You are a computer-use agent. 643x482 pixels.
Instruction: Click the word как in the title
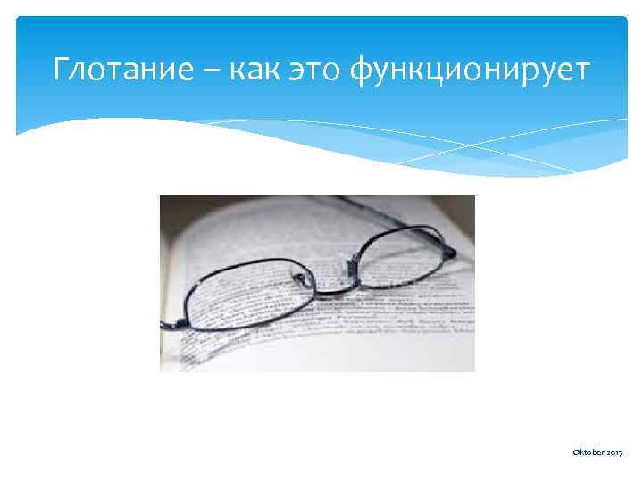coord(255,68)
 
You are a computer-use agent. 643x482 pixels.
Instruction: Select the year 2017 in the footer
coord(614,455)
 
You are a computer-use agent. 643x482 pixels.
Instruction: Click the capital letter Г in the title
coord(61,68)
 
